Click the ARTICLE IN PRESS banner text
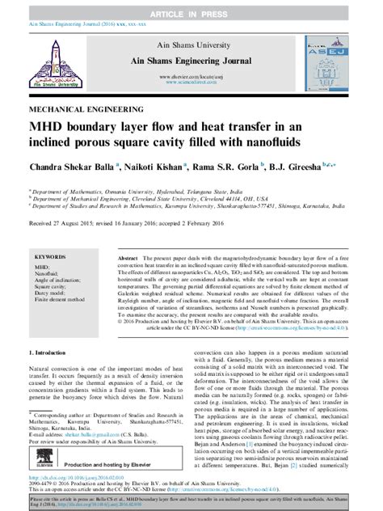191,6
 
